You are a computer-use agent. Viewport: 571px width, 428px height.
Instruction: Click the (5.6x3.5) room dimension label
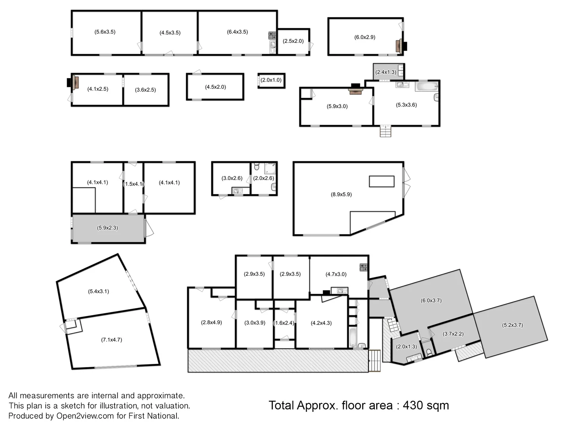tap(105, 32)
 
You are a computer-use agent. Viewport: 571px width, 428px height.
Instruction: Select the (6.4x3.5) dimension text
tap(238, 32)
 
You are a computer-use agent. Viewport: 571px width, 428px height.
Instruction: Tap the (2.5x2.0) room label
tap(293, 41)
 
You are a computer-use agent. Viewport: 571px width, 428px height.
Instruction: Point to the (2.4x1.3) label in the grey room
tap(386, 72)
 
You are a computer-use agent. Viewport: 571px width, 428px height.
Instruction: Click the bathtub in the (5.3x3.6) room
tap(427, 86)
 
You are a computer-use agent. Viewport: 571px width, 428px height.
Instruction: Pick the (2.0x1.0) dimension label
tap(271, 80)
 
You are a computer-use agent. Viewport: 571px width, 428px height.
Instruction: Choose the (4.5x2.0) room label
tap(215, 87)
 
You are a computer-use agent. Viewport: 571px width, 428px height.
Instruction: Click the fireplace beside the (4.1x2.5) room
tap(75, 82)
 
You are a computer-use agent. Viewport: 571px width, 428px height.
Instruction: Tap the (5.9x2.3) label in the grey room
tap(107, 228)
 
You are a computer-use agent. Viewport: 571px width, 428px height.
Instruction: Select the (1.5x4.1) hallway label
tap(133, 184)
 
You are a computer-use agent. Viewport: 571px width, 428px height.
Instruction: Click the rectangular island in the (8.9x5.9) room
tap(381, 182)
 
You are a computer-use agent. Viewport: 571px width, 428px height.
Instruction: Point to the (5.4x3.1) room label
tap(98, 292)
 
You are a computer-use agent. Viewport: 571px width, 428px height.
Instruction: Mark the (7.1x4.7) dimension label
tap(111, 340)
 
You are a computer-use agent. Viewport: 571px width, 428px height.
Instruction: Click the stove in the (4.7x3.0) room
tap(363, 267)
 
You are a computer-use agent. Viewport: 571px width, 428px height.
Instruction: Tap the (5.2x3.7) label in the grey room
tap(512, 325)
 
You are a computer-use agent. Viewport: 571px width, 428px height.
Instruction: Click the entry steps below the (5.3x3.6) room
tap(385, 131)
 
